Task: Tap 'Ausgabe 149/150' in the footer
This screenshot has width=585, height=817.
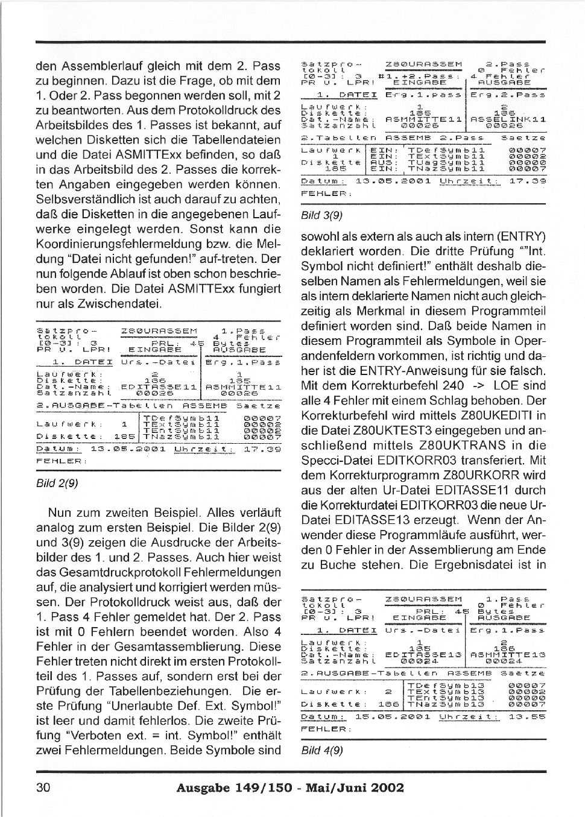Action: point(234,787)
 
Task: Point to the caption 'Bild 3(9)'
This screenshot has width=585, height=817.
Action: point(321,215)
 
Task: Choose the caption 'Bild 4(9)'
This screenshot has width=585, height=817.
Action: point(321,750)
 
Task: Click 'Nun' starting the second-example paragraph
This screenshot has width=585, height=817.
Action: point(60,513)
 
